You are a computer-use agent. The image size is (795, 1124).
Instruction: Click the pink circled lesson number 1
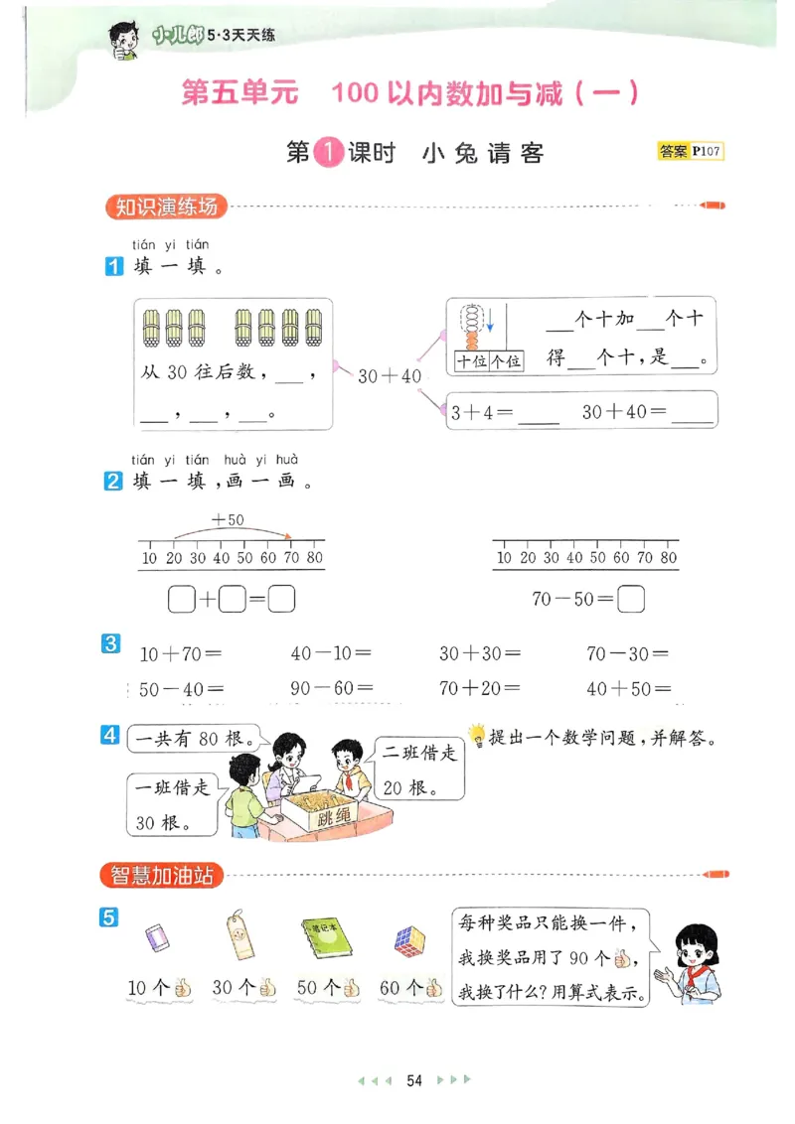tap(328, 153)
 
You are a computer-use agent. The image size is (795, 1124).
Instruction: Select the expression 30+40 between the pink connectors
tap(390, 376)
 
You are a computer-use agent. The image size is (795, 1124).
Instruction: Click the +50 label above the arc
tap(228, 519)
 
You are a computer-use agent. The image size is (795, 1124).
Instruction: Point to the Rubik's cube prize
tap(408, 939)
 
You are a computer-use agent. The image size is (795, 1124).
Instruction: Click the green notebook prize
tap(324, 936)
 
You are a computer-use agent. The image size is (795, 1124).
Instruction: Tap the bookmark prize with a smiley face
tap(238, 935)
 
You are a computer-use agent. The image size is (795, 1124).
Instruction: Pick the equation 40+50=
tap(628, 688)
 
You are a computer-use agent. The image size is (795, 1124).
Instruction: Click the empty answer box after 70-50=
tap(631, 599)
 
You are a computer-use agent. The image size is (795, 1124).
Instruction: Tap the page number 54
tap(414, 1080)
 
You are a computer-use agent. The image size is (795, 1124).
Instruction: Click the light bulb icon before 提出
tap(477, 735)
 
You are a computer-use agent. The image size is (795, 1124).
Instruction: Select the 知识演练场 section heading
tap(166, 208)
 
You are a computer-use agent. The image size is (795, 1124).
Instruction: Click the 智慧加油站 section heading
tap(162, 876)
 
